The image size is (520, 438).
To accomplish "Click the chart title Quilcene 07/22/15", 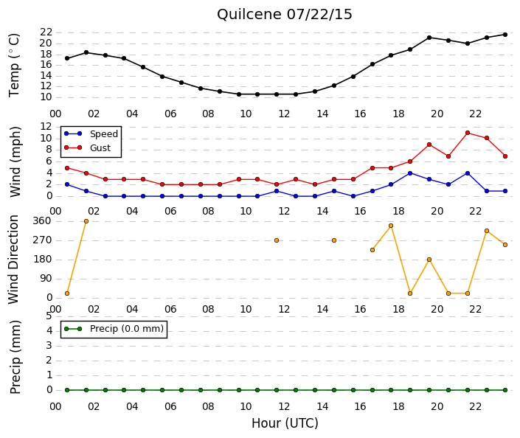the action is tap(284, 15).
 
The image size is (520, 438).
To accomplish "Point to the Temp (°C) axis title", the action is tap(14, 66).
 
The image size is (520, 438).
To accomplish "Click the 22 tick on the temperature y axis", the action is tap(46, 32).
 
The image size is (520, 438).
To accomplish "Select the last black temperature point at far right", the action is tap(505, 35).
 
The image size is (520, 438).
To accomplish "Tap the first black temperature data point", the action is tap(67, 58).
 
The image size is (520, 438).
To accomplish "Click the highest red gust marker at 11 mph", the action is tap(468, 133).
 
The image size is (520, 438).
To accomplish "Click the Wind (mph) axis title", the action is tap(15, 161).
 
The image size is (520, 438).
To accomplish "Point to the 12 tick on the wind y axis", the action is tap(46, 127).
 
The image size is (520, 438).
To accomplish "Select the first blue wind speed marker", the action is tap(67, 184).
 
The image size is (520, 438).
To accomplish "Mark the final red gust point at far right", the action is tap(505, 156).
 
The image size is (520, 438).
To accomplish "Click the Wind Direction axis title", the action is tap(13, 260).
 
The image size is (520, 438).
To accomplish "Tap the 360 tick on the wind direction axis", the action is tap(42, 221).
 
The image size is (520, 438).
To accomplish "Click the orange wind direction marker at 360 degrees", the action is tap(86, 221).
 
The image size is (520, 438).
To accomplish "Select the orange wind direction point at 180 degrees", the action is tap(429, 260).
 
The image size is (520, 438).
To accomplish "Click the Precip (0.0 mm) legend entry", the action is tap(114, 329).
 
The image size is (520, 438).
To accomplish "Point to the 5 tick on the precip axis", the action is tap(49, 316).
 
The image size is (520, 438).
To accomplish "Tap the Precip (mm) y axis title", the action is tap(15, 357).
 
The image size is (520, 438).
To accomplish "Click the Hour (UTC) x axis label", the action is tap(285, 423).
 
